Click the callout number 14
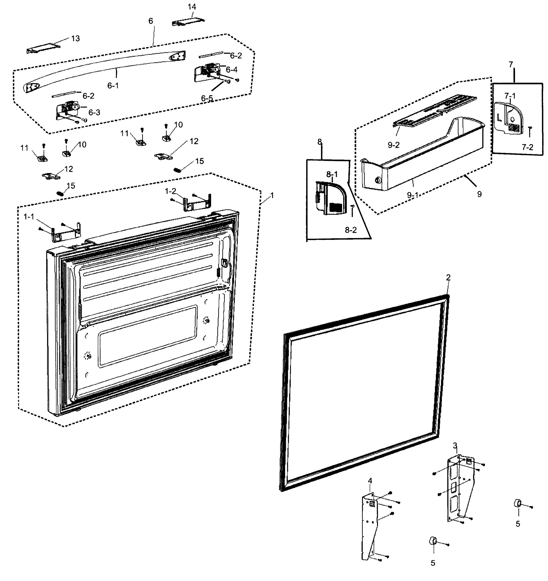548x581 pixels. coord(192,7)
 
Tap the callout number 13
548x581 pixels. coord(75,38)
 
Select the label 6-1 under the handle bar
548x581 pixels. coord(113,86)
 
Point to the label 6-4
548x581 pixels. coord(232,69)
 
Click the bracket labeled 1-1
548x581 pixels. coord(66,233)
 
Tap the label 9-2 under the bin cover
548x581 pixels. coord(393,145)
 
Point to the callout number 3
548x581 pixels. coord(455,454)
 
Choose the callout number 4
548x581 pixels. coord(370,489)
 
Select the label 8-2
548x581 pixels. coord(351,230)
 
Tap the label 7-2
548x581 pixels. coord(528,147)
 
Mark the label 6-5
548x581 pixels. coord(207,99)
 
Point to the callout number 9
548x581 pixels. coord(479,194)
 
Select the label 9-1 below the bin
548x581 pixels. coord(413,195)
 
